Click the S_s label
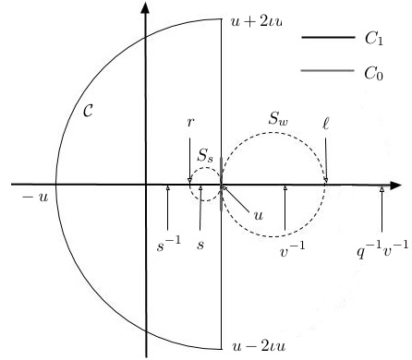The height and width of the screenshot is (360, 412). pos(208,164)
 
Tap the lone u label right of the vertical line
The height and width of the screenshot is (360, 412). pos(258,214)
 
